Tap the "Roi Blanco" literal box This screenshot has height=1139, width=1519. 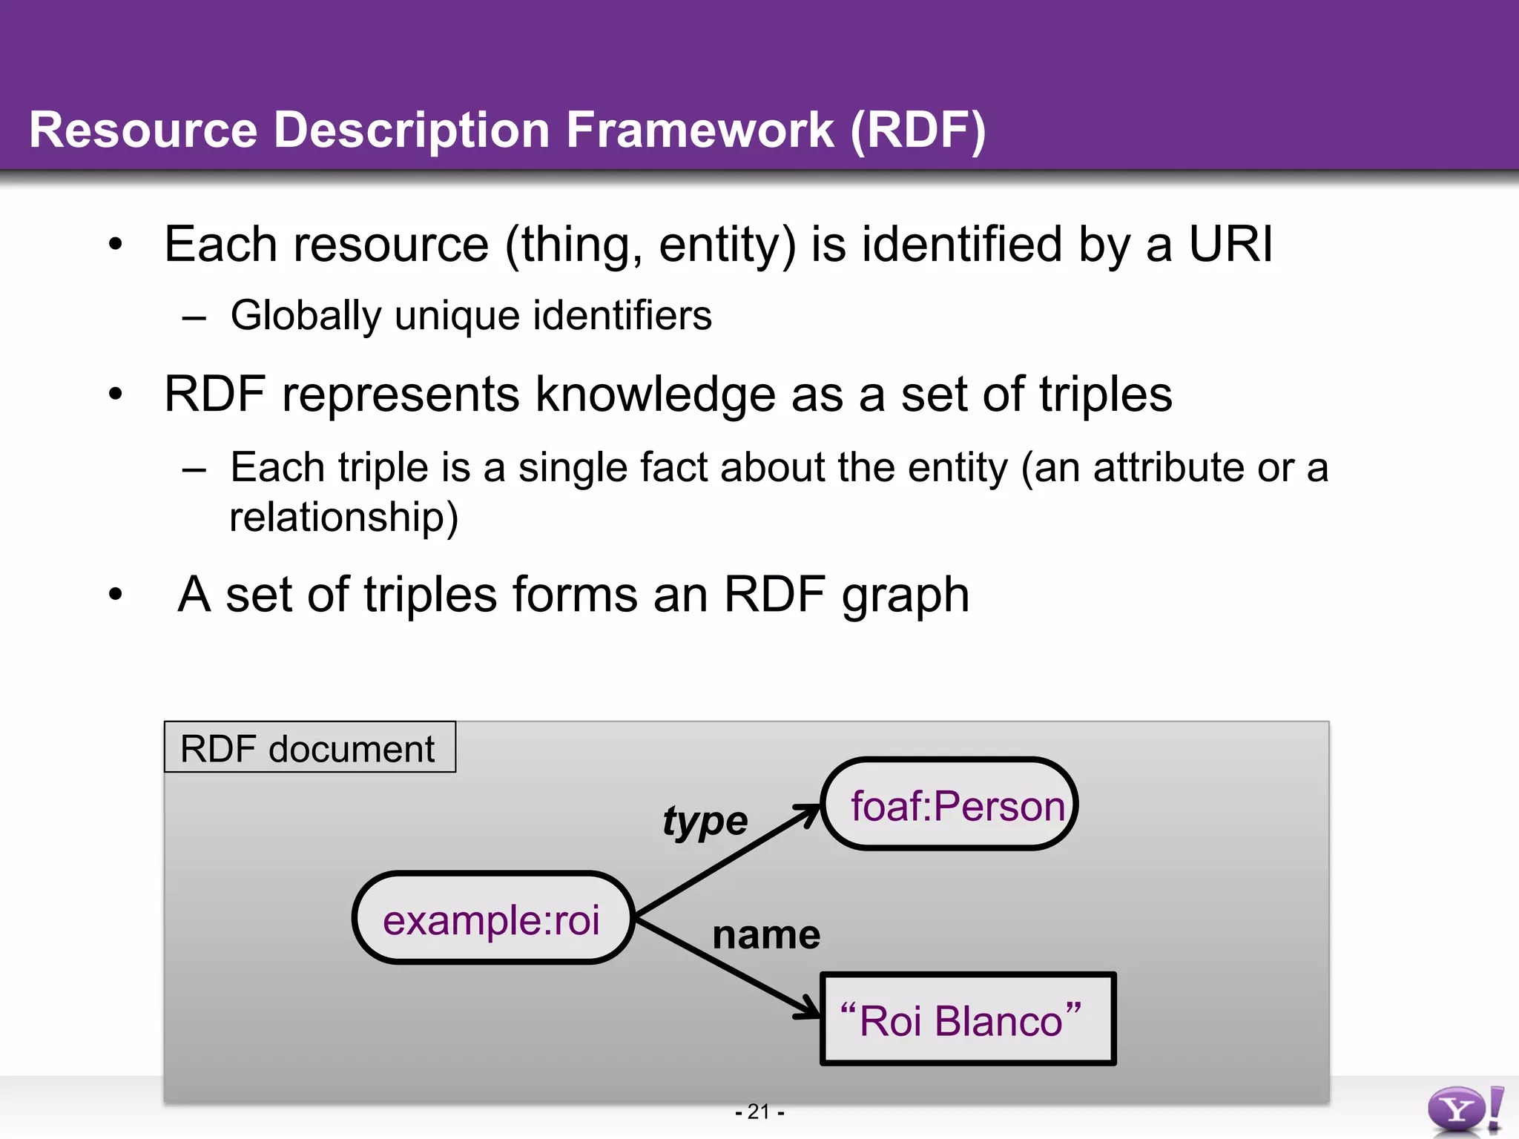[x=967, y=1020]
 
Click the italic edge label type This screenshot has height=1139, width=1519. [x=705, y=822]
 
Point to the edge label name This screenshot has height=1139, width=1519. [x=765, y=934]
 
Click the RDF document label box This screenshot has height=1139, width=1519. [x=309, y=747]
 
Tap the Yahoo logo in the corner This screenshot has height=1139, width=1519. [x=1465, y=1110]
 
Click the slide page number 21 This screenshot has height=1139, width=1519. [x=759, y=1112]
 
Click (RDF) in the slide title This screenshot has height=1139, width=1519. [x=917, y=130]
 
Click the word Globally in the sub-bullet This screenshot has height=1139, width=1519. [x=306, y=316]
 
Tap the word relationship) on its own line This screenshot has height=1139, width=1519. [x=343, y=517]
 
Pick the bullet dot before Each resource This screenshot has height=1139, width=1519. [x=115, y=244]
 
